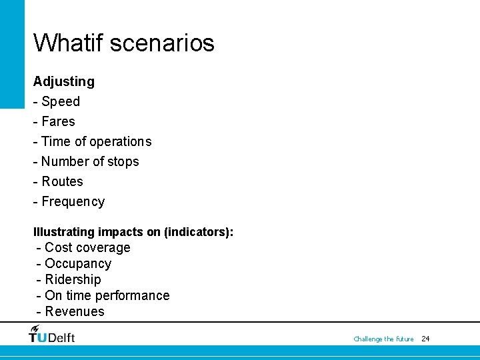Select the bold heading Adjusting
pos(64,81)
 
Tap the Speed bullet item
pos(60,101)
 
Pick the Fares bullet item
pos(58,121)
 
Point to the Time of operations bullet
pos(96,141)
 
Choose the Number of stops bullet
pos(90,161)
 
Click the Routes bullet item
pos(62,181)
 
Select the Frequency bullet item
pos(73,201)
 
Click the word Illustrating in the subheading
pos(63,232)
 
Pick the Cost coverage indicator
pos(87,247)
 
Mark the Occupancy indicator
pos(78,263)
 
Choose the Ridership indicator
pos(73,279)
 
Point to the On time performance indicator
pos(107,295)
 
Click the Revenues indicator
pos(75,311)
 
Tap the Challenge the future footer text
pos(383,339)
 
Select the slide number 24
pos(426,339)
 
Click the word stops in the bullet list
pos(123,161)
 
